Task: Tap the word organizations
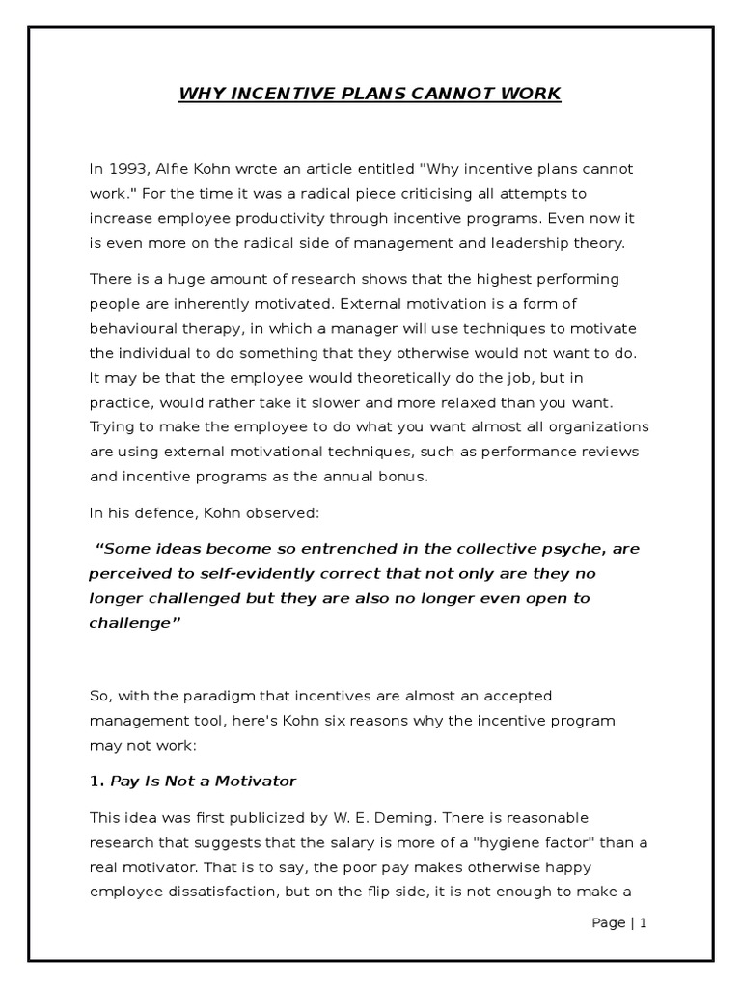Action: pos(601,426)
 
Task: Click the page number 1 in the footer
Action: pos(641,923)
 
